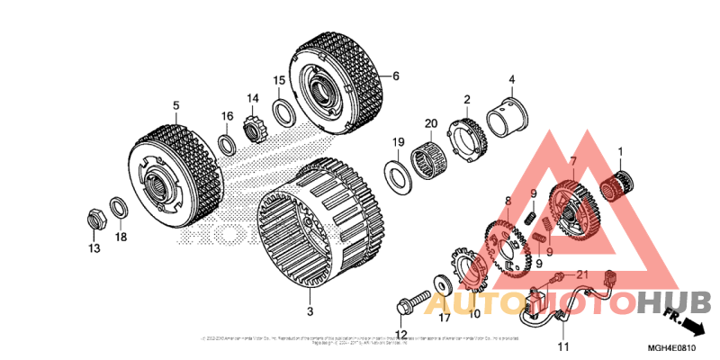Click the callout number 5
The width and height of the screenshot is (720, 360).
pyautogui.click(x=176, y=106)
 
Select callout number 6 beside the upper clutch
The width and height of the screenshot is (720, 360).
pyautogui.click(x=395, y=76)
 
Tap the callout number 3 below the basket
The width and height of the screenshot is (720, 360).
pyautogui.click(x=310, y=310)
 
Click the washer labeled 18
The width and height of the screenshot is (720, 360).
pyautogui.click(x=118, y=204)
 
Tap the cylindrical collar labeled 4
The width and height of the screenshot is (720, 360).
pyautogui.click(x=509, y=117)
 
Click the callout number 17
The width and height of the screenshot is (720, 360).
pyautogui.click(x=444, y=317)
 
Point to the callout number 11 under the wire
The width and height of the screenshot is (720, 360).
pyautogui.click(x=563, y=346)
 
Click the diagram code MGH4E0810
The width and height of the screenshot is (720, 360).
pyautogui.click(x=673, y=347)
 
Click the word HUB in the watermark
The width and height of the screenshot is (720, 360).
pyautogui.click(x=674, y=303)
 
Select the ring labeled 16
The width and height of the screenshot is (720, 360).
pyautogui.click(x=229, y=144)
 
